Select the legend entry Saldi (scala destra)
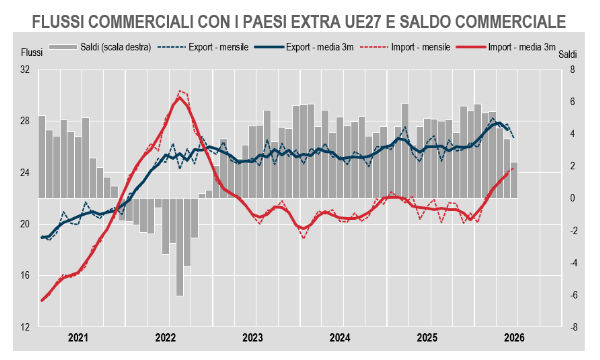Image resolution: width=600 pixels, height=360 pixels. [x=100, y=47]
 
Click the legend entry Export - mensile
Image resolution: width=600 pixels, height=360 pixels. [x=203, y=47]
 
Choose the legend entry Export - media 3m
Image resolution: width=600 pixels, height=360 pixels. [x=303, y=47]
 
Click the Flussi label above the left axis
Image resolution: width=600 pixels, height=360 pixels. [x=31, y=52]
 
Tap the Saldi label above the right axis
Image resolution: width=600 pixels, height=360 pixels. [x=567, y=54]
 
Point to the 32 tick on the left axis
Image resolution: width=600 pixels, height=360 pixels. [x=25, y=70]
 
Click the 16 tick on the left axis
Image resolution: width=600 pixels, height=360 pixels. [x=25, y=275]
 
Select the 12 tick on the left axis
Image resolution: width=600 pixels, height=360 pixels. [x=25, y=327]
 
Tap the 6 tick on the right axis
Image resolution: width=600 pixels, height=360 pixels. [x=572, y=102]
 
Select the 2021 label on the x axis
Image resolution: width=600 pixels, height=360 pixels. [x=78, y=338]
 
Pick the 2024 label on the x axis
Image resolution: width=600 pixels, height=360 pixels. [x=340, y=338]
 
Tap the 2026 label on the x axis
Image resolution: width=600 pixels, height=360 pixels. [x=514, y=338]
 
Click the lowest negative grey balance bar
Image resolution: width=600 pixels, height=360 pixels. [x=180, y=247]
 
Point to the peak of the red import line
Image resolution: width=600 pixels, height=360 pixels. [x=179, y=97]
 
